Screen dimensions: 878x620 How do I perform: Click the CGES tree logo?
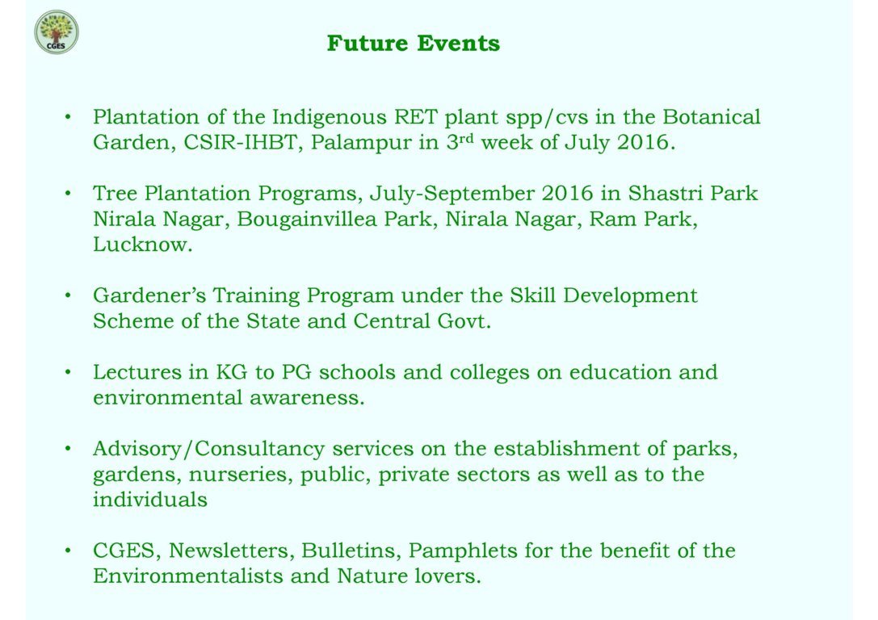click(57, 32)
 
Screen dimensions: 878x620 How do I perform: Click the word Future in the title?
click(368, 43)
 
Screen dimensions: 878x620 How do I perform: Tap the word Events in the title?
click(458, 43)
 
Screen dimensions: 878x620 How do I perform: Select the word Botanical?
click(712, 117)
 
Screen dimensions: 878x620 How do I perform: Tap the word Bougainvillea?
click(306, 219)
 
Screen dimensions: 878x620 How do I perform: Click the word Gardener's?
click(149, 295)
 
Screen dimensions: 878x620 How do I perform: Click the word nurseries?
click(240, 475)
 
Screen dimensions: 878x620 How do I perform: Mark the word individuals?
click(150, 499)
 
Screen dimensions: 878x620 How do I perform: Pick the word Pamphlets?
click(463, 551)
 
